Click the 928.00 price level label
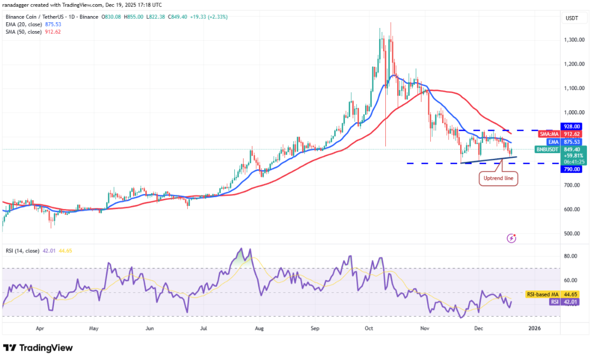tap(572, 126)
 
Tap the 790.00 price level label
tap(572, 169)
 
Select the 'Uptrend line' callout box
tap(498, 178)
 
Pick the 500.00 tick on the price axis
tap(571, 234)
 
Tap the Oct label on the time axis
tap(369, 328)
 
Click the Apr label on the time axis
tap(40, 328)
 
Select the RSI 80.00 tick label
tap(571, 256)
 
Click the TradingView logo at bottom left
tap(38, 348)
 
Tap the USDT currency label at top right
tap(572, 18)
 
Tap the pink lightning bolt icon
tap(511, 238)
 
